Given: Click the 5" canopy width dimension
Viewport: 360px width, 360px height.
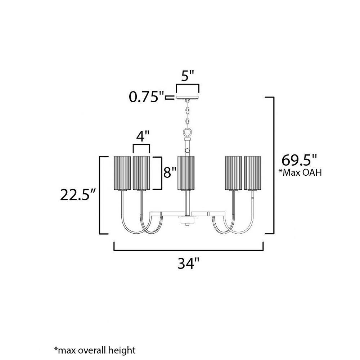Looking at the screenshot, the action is (188, 76).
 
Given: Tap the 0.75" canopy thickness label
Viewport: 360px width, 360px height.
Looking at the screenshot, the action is (147, 96).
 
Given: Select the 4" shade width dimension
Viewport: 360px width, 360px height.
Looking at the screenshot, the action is (143, 136).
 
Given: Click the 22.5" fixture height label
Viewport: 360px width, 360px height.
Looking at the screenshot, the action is (78, 195).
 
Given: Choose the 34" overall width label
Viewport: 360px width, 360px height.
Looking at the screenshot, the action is (188, 264).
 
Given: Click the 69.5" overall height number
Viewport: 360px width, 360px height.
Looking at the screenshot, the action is (299, 160).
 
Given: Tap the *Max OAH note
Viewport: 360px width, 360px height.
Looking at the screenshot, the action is (300, 172).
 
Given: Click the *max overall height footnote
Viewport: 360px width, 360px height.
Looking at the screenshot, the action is (95, 351).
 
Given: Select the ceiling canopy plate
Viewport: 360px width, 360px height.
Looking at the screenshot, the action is (188, 98).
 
